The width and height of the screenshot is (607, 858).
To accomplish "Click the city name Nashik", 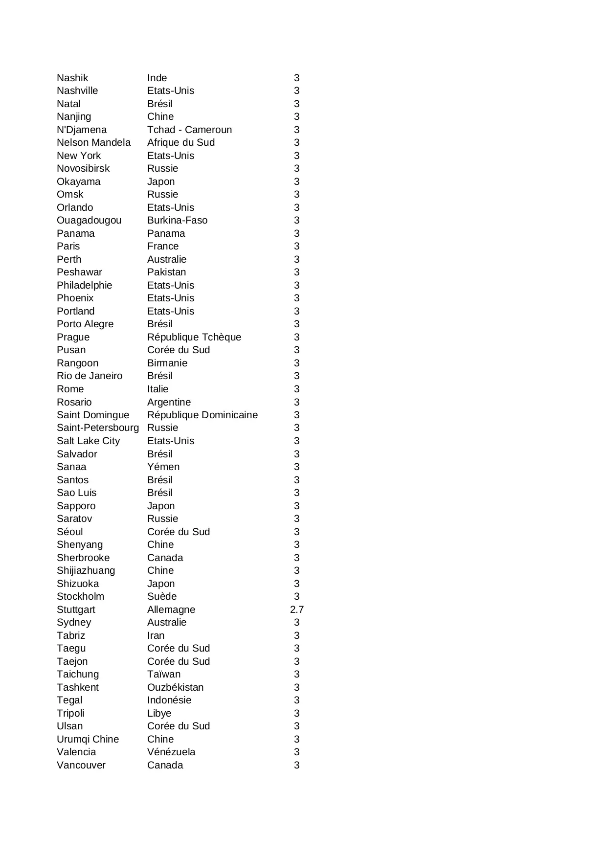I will point(72,78).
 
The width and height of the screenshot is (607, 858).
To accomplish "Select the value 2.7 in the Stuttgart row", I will point(296,610).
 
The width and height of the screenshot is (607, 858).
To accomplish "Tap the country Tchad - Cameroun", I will point(189,130).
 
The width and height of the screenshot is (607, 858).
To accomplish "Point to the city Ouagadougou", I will point(89,220).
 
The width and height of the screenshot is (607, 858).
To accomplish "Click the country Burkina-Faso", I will point(177,220).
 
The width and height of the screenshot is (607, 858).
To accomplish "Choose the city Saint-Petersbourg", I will point(98,428).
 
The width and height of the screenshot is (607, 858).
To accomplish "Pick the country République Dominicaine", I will point(202,415).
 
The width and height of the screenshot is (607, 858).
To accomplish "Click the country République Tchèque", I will point(194,337).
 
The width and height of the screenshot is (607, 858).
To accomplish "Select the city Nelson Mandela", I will point(93,142).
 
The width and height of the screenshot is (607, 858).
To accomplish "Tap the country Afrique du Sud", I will point(180,142).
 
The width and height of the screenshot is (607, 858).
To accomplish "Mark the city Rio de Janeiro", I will point(90,376).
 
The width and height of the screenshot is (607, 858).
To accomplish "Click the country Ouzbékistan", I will point(175,687).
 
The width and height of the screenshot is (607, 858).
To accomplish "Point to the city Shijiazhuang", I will point(86,570).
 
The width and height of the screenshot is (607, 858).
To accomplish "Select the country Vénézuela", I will point(171,752).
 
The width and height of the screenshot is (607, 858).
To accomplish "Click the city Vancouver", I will point(81,765).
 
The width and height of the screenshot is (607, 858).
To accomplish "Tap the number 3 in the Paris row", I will point(296,246).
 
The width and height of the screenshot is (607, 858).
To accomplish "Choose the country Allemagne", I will point(171,610).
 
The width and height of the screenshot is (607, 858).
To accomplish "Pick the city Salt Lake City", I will point(88,441).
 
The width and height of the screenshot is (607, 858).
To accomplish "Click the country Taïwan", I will point(163,674).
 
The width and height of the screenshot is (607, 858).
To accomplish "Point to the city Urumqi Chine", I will point(88,739).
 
